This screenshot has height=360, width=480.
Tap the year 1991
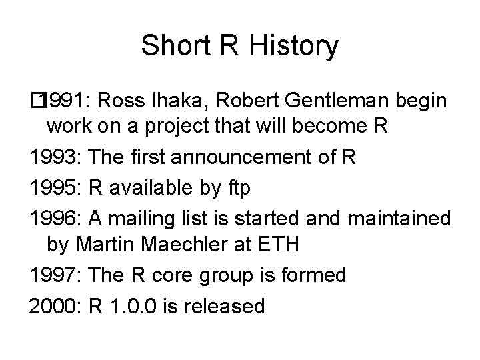coord(67,101)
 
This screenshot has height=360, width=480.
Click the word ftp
coord(237,188)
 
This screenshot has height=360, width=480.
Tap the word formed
coord(313,275)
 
